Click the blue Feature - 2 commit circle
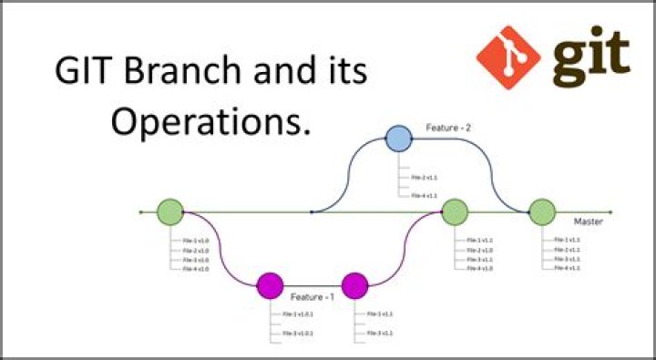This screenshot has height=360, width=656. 398,139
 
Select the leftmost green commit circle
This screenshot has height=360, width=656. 170,211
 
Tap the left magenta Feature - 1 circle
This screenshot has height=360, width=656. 270,285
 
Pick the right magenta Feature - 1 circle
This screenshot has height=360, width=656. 354,285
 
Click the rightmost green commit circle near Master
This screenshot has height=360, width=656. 542,211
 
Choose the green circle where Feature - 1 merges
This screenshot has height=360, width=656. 455,211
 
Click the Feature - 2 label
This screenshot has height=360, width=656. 448,129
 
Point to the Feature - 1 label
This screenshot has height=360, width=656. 312,297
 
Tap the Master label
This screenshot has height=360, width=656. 588,221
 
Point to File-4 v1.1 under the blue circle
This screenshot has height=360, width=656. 425,195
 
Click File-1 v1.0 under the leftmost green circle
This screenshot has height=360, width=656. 196,240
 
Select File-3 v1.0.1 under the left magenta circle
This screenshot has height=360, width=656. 298,334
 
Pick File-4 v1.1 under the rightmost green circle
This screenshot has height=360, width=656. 567,269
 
